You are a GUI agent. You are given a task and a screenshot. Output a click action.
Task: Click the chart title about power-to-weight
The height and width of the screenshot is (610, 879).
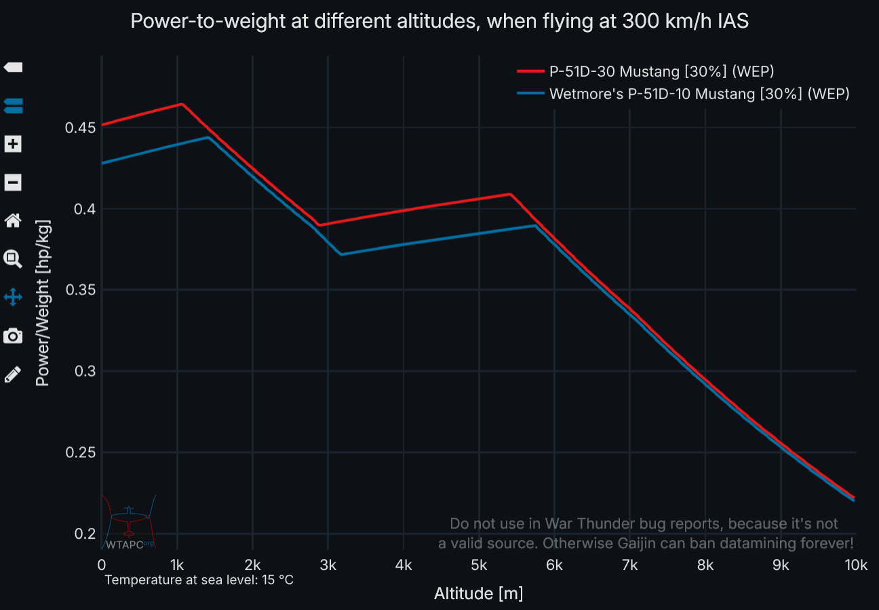click(439, 21)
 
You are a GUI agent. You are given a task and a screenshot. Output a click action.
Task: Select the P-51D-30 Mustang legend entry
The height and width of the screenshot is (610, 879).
click(661, 71)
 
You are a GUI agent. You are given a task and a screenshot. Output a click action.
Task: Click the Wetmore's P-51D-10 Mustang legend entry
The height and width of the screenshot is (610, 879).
click(699, 94)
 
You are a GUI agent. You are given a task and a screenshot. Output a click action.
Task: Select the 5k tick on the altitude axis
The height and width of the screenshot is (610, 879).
click(479, 565)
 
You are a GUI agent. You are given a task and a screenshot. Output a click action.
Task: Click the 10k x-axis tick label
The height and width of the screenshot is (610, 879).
click(855, 565)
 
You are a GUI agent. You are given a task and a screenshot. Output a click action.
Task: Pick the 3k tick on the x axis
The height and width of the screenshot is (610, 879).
click(328, 565)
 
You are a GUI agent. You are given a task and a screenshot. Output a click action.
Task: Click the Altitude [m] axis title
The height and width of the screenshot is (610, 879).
click(478, 594)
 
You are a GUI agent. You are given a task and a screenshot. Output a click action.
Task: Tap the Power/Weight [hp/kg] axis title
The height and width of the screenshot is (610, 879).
click(43, 303)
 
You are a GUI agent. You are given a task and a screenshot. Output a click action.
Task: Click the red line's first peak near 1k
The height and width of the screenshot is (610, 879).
click(182, 104)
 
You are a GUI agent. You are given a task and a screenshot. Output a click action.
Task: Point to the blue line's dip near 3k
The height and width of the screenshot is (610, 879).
click(340, 254)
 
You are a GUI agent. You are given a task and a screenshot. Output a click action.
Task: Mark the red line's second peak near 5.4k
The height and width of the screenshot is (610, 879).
click(510, 194)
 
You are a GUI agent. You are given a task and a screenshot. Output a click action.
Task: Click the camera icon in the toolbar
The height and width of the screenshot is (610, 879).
click(14, 335)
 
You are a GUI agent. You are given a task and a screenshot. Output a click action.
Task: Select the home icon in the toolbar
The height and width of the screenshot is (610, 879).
click(14, 220)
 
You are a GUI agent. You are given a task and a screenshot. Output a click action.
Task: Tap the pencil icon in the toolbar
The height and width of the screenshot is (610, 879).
click(14, 374)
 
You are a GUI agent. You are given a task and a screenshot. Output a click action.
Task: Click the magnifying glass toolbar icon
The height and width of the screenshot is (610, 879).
click(14, 259)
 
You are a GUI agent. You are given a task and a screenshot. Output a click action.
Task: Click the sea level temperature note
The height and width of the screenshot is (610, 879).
click(199, 580)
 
